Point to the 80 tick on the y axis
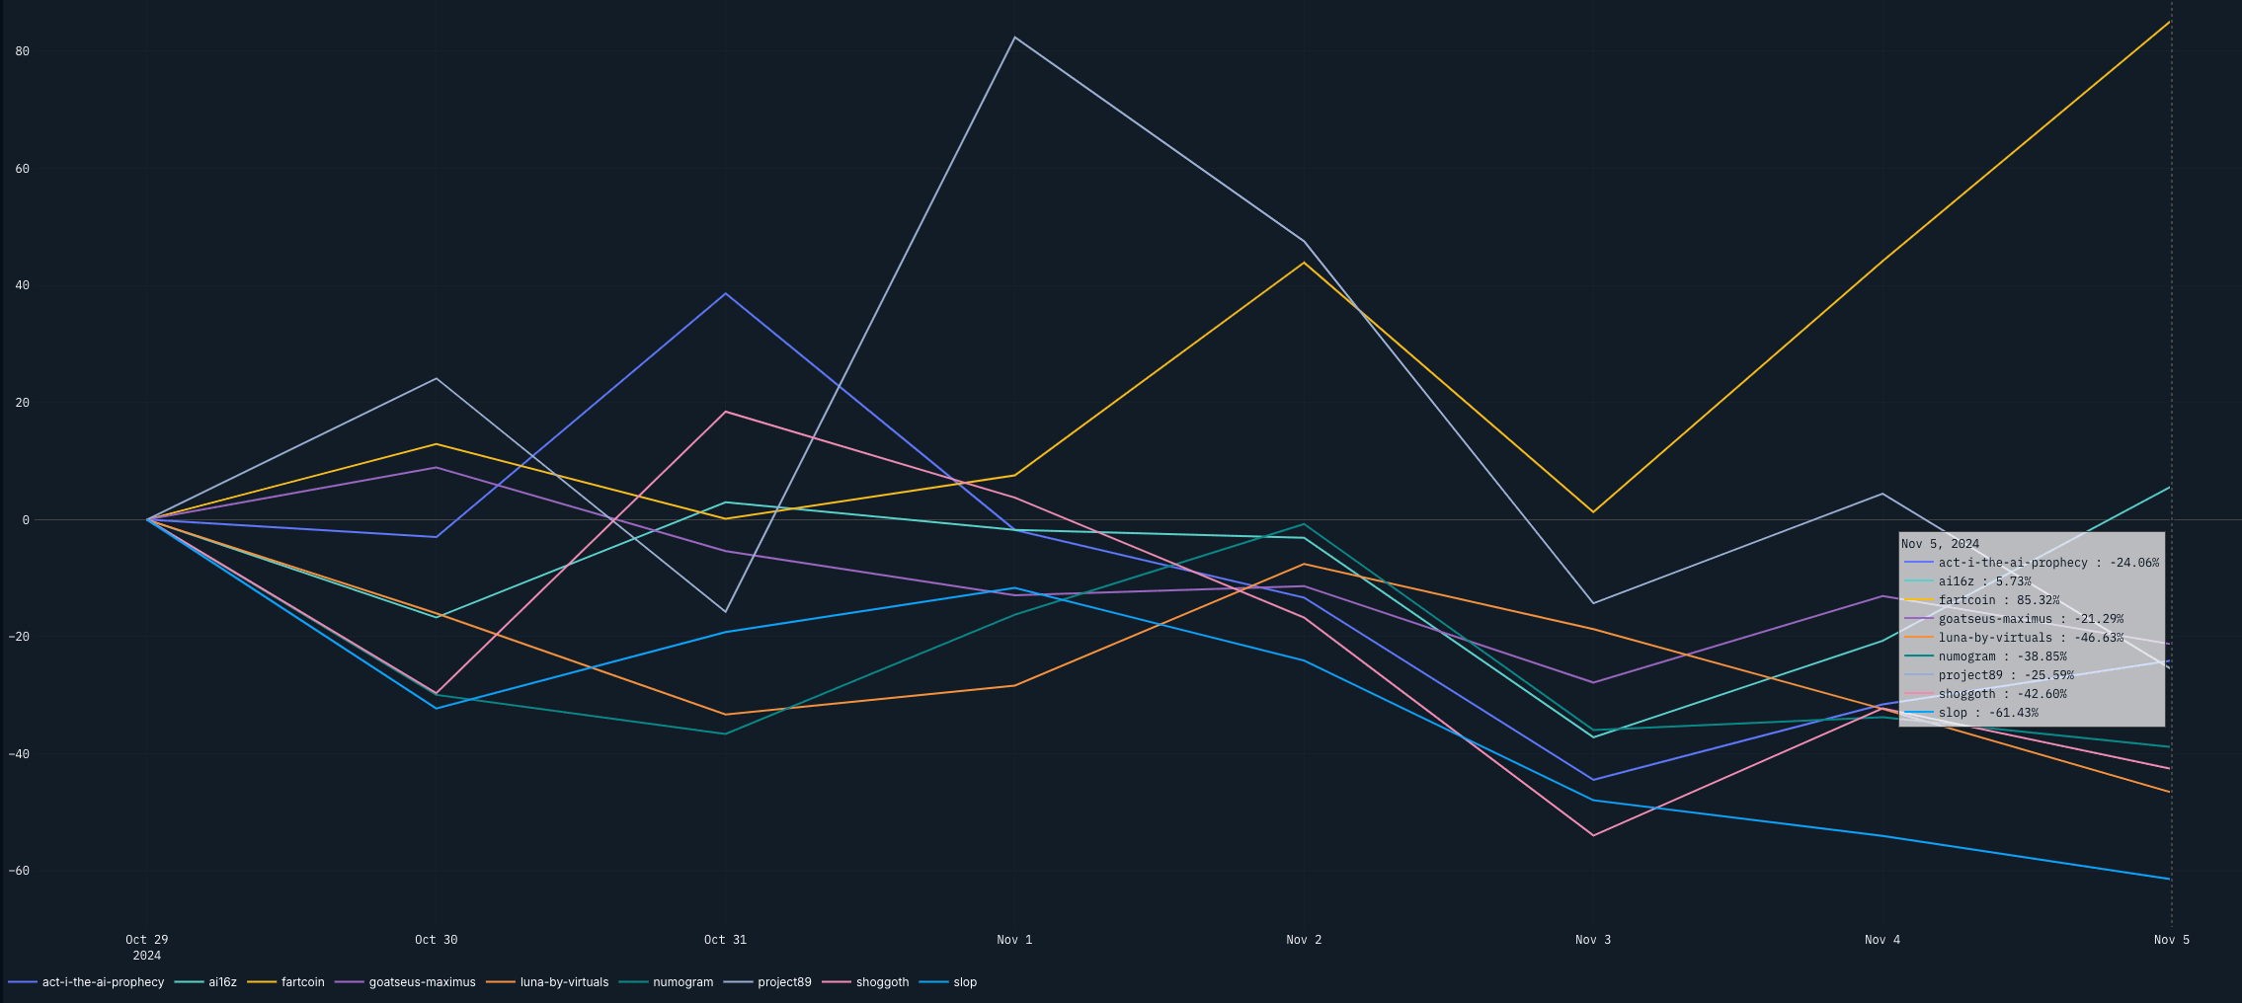click(x=23, y=51)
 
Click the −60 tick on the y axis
click(x=20, y=871)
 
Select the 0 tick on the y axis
click(x=26, y=520)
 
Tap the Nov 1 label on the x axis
click(x=1014, y=940)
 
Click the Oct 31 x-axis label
click(x=725, y=940)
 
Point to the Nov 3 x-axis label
click(x=1593, y=940)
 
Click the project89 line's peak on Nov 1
click(x=1014, y=38)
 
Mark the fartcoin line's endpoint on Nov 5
click(x=2170, y=21)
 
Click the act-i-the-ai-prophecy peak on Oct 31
click(x=725, y=293)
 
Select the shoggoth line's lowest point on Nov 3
click(x=1593, y=835)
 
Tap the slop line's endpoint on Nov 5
click(x=2170, y=879)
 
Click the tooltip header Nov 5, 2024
click(x=1940, y=544)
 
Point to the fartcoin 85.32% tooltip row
click(x=1998, y=600)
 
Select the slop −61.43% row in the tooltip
click(x=1987, y=713)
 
